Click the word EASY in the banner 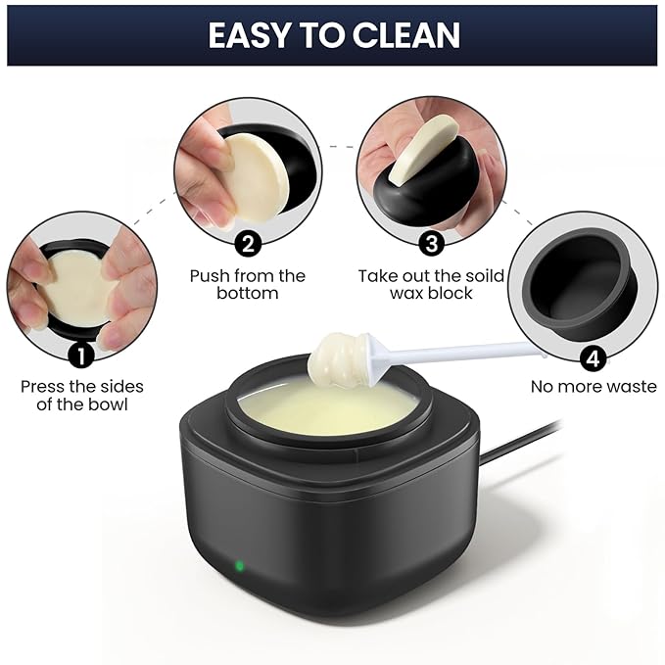(249, 35)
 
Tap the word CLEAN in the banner (406, 35)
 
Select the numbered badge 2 (248, 244)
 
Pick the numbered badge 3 (431, 244)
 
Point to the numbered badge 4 (594, 358)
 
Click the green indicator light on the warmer (239, 565)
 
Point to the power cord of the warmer (522, 442)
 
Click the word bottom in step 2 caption (247, 293)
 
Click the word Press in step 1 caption (42, 386)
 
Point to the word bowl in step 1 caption (108, 404)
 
